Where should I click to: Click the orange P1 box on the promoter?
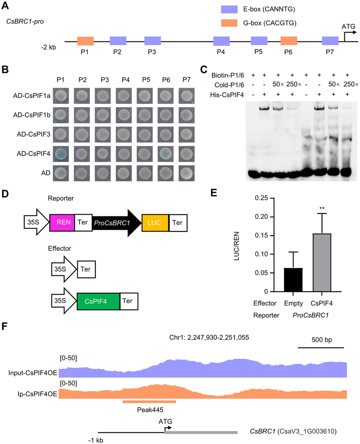coord(85,41)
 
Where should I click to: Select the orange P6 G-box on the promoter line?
coord(289,41)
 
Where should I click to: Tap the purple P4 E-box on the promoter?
coord(221,41)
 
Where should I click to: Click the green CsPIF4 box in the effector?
coord(98,300)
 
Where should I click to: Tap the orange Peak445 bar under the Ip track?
coord(149,401)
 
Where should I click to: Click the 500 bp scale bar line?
coord(321,347)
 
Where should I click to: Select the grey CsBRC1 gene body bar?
coord(201,431)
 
